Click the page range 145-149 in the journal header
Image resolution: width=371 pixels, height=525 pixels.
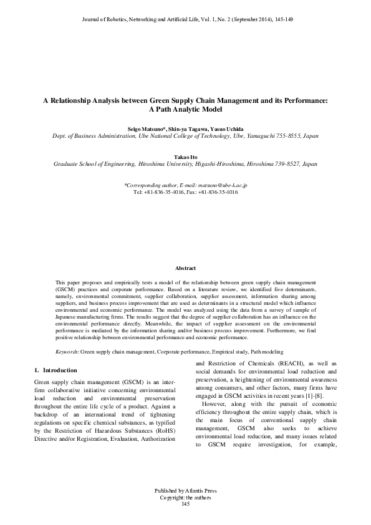pyautogui.click(x=283, y=20)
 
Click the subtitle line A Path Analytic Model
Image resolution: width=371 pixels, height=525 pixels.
pyautogui.click(x=185, y=108)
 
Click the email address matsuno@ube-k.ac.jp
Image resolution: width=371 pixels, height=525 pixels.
pyautogui.click(x=223, y=186)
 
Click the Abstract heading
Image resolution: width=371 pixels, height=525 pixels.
pyautogui.click(x=185, y=268)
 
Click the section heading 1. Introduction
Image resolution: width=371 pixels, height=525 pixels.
pyautogui.click(x=56, y=370)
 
